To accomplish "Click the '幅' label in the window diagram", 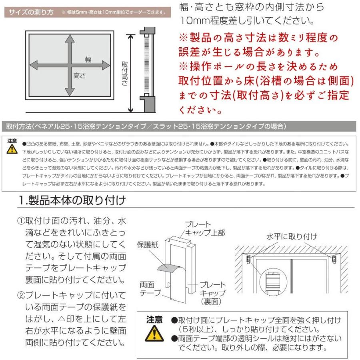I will [88, 60].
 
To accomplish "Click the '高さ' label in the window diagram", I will [79, 75].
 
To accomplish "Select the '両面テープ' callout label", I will [149, 288].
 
